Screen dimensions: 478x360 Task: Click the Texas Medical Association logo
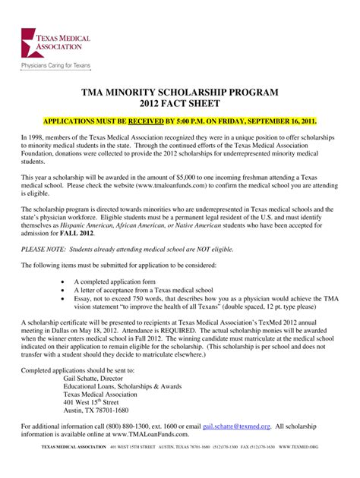click(57, 44)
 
